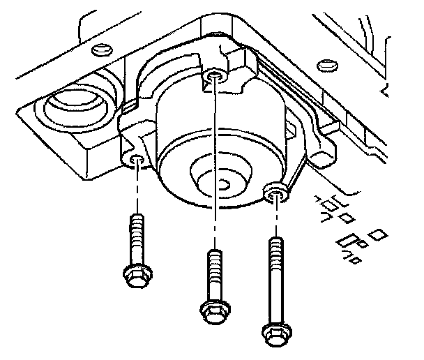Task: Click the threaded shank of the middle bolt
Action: click(x=213, y=272)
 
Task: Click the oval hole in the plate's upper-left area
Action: click(x=100, y=48)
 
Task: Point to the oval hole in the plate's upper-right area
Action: click(x=324, y=66)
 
